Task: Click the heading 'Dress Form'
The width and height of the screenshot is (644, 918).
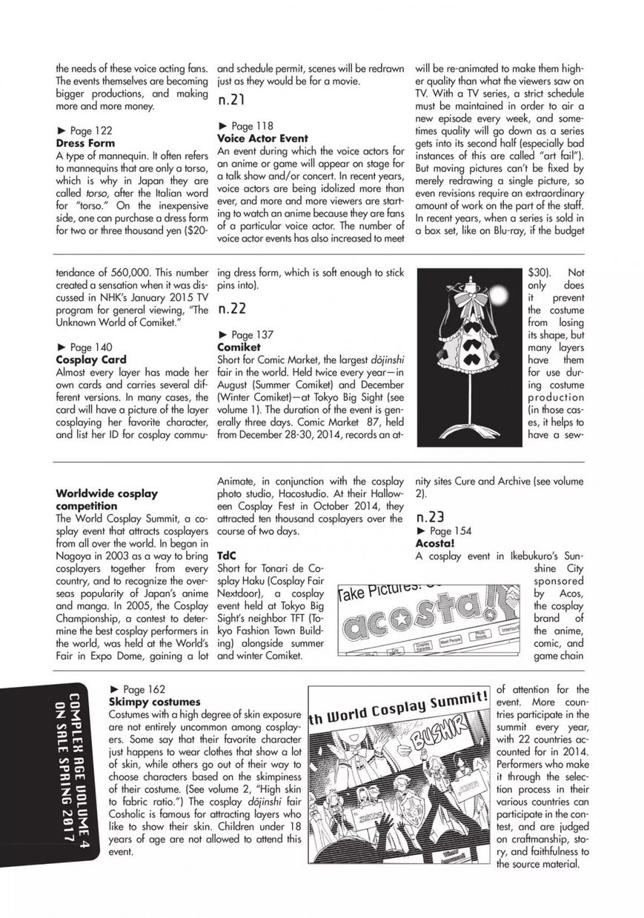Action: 85,143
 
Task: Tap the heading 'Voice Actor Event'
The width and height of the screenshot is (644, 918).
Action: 262,139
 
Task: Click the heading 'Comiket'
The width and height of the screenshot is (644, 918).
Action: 239,347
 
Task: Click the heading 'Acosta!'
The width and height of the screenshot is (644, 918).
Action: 435,544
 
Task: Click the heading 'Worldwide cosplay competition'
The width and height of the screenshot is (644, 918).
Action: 107,499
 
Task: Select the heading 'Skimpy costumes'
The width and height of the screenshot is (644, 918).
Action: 154,701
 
